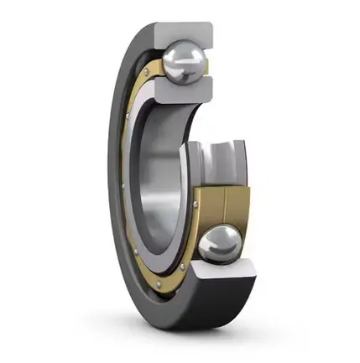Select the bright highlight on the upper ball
pos(178,55)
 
